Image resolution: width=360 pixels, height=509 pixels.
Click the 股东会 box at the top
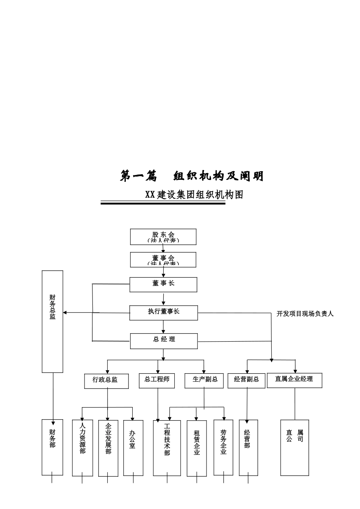(163, 237)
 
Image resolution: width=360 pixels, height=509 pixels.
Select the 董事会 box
(163, 260)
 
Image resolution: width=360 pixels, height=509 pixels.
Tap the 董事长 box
(163, 284)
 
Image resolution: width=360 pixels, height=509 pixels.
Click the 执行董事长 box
(164, 312)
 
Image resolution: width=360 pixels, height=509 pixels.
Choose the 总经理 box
(164, 340)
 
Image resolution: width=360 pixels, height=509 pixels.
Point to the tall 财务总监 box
(52, 321)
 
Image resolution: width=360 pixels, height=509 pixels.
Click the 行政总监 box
(106, 381)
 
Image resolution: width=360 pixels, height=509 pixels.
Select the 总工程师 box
(157, 380)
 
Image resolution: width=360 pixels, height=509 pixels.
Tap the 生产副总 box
(205, 381)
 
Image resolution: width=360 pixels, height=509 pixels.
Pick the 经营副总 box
(247, 381)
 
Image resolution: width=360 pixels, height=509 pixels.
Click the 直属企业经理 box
(294, 380)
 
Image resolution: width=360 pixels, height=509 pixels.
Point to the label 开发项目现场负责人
(305, 314)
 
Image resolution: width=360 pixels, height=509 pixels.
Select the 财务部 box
(52, 447)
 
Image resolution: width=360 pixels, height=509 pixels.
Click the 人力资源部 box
(82, 448)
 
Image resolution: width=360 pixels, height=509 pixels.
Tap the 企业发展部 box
(108, 448)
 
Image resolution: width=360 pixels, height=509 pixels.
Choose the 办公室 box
(133, 448)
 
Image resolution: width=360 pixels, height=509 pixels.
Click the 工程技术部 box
(167, 448)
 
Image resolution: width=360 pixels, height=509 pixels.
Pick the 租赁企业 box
(197, 448)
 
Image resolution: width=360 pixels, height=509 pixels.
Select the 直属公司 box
(295, 447)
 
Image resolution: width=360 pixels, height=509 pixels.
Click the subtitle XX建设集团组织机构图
(194, 195)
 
